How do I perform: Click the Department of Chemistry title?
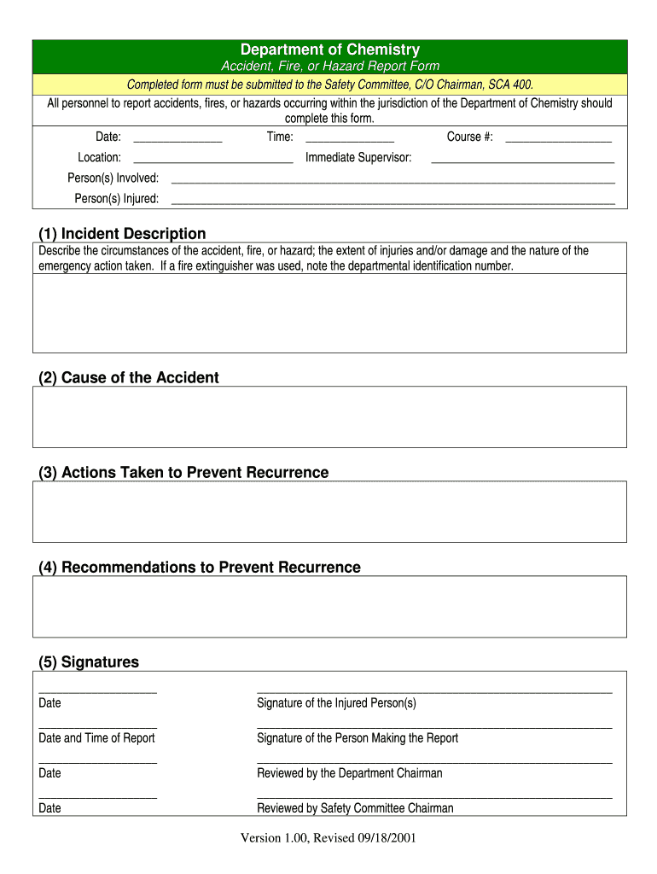point(329,50)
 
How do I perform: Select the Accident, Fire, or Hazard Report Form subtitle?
point(330,67)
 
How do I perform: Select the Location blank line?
point(213,160)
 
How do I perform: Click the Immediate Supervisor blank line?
point(522,160)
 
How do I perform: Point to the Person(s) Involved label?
point(113,178)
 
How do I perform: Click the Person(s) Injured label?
point(116,199)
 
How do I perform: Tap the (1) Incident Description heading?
point(122,234)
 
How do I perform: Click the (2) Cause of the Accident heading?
point(129,378)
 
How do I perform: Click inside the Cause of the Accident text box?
point(329,417)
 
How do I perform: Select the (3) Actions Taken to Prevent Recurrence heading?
point(183,473)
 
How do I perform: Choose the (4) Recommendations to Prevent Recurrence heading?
point(200,568)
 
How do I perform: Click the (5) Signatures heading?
point(89,662)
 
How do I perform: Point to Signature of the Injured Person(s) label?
point(336,703)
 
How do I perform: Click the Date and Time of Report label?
point(96,738)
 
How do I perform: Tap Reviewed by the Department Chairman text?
point(349,773)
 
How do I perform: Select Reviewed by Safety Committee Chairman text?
point(355,808)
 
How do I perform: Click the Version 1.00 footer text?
point(328,838)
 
